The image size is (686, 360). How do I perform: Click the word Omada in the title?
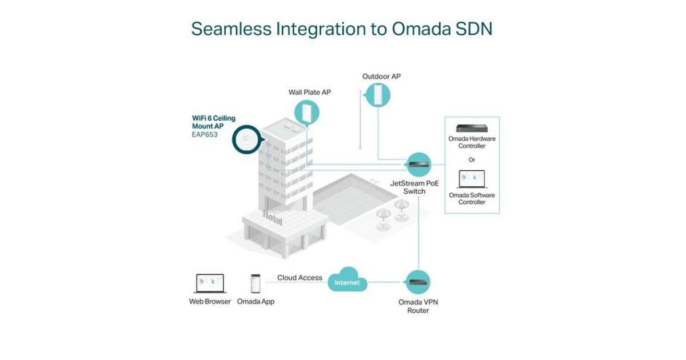[420, 29]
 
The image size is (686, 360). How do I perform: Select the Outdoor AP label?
[381, 77]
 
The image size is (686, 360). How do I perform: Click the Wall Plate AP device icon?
[307, 113]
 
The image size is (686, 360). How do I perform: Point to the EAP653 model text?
[204, 135]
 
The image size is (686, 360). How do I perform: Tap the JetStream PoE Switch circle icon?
[418, 165]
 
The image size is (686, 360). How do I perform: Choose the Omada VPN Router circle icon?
[418, 282]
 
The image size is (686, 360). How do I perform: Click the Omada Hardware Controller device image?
[472, 128]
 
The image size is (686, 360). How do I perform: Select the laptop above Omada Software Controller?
[472, 178]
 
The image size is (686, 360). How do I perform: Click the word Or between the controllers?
[472, 159]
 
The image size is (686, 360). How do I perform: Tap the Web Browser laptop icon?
[210, 283]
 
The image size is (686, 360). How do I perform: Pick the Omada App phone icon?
[256, 283]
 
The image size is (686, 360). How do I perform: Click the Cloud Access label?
[300, 278]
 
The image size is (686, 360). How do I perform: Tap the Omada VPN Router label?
[418, 306]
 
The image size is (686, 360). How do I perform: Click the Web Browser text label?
[210, 301]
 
